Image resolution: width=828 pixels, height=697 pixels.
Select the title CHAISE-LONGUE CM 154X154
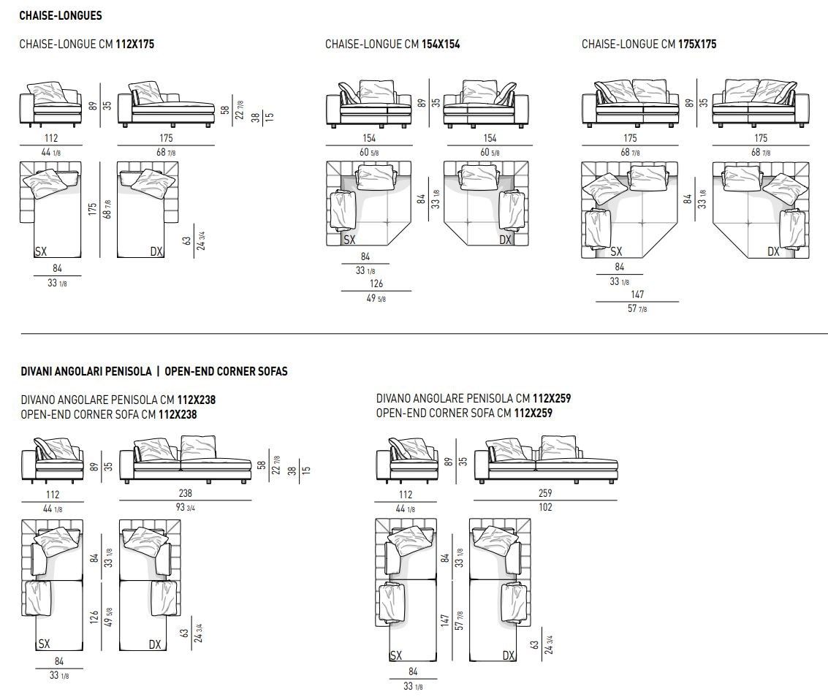pyautogui.click(x=392, y=45)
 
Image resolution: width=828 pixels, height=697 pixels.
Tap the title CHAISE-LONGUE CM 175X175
pyautogui.click(x=649, y=45)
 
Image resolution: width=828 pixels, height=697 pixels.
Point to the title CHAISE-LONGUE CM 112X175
pyautogui.click(x=87, y=45)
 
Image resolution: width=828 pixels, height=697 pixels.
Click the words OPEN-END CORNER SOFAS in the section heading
pyautogui.click(x=226, y=371)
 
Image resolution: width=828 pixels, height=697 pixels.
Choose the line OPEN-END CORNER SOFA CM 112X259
pyautogui.click(x=464, y=413)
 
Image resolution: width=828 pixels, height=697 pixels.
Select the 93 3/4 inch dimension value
pyautogui.click(x=185, y=507)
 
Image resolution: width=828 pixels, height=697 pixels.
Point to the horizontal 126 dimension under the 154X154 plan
pyautogui.click(x=376, y=283)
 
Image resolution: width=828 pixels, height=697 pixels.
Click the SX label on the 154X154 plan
pyautogui.click(x=349, y=240)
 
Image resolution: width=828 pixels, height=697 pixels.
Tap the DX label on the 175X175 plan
pyautogui.click(x=773, y=251)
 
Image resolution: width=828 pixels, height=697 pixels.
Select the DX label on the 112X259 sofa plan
pyautogui.click(x=509, y=655)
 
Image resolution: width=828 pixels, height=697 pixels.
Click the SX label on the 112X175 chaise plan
pyautogui.click(x=41, y=251)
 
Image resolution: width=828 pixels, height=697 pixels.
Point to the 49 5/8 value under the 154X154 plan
pyautogui.click(x=376, y=297)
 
